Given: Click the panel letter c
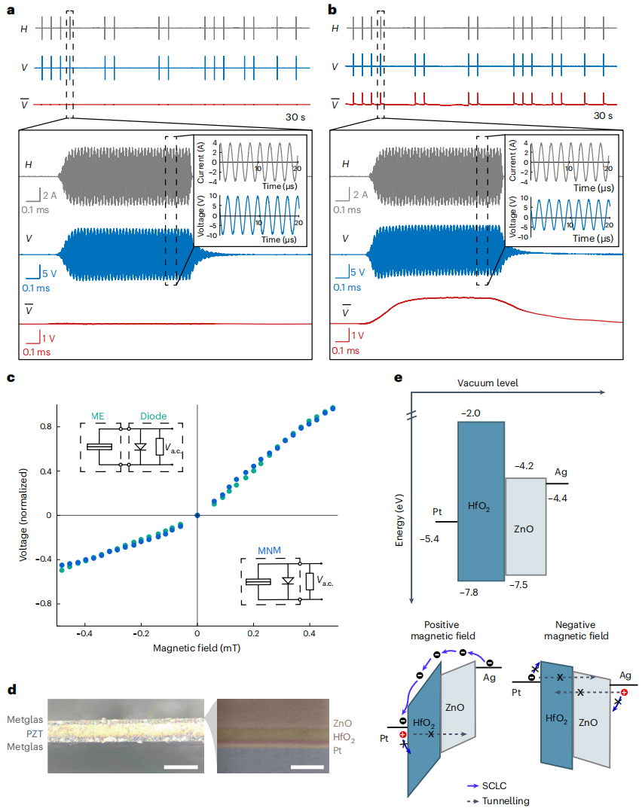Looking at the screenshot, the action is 11,378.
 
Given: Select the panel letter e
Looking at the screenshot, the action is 398,378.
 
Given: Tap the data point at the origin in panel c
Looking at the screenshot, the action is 197,515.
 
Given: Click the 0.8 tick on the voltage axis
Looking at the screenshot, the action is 46,427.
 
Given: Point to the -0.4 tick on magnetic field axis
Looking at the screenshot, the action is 84,633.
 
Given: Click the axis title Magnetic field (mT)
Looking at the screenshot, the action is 197,648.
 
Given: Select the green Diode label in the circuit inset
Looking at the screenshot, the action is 153,416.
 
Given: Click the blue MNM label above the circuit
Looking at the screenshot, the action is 269,550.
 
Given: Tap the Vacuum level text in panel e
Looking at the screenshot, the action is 488,383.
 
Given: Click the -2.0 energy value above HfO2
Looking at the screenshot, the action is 470,413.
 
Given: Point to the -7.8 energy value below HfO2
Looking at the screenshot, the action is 469,593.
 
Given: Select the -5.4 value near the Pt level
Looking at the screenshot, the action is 429,539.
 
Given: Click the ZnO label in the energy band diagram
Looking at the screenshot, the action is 524,529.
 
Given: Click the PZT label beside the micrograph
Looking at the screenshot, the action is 35,733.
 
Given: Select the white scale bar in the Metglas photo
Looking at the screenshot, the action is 181,767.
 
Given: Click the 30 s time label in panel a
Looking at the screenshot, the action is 295,117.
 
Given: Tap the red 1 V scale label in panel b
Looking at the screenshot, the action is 357,335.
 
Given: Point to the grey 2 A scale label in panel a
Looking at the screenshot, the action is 50,195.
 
